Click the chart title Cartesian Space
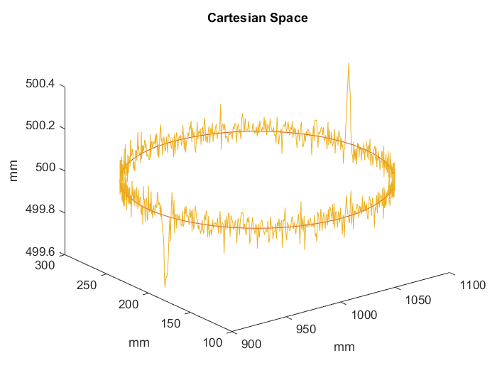[x=258, y=18]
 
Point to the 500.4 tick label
[x=40, y=85]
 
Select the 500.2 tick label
[x=40, y=127]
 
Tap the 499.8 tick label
[x=40, y=212]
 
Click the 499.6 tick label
[x=40, y=254]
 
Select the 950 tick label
[x=306, y=329]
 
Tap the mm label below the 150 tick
[x=138, y=342]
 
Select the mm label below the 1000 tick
[x=344, y=347]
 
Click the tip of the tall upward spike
[x=349, y=63]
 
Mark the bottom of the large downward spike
[x=165, y=287]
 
